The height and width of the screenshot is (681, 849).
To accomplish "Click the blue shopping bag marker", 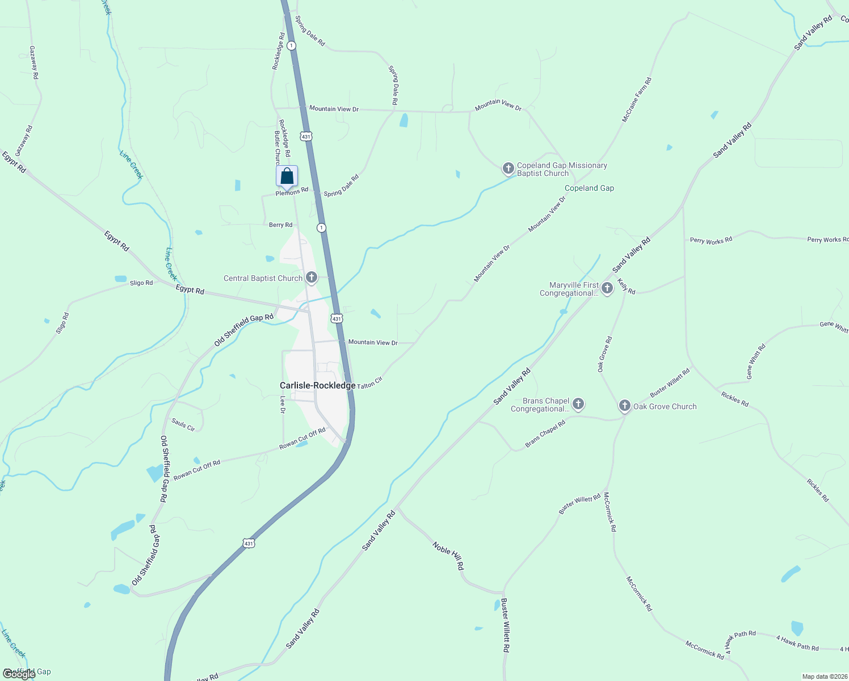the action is (287, 176).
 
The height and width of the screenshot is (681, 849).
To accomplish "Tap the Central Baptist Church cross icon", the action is (311, 278).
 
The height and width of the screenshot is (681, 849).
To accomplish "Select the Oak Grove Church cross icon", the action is (624, 406).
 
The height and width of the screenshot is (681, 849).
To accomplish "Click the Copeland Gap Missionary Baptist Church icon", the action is (508, 169).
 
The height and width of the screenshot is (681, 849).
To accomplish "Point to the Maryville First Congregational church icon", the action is (607, 288).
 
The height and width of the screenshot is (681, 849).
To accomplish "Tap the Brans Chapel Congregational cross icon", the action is (578, 404).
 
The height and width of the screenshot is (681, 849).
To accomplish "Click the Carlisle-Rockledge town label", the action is (317, 385).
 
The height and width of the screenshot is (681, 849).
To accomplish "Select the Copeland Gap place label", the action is (589, 188).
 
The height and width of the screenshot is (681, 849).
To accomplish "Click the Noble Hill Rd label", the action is (448, 556).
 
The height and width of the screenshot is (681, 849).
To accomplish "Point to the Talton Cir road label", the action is (370, 383).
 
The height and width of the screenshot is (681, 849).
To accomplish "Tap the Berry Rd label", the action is (280, 225).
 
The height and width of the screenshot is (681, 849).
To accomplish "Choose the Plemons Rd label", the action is (292, 192).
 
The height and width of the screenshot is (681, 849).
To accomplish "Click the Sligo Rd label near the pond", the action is (141, 283).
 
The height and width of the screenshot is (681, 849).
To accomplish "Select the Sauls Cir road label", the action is (183, 424).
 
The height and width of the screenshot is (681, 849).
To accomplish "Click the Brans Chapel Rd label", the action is (545, 434).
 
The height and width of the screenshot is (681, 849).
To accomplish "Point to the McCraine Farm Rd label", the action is (637, 100).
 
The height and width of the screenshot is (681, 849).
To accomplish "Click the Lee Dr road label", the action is (283, 404).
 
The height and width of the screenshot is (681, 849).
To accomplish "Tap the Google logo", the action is (19, 674).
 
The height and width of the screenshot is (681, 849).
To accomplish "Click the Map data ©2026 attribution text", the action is (824, 676).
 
